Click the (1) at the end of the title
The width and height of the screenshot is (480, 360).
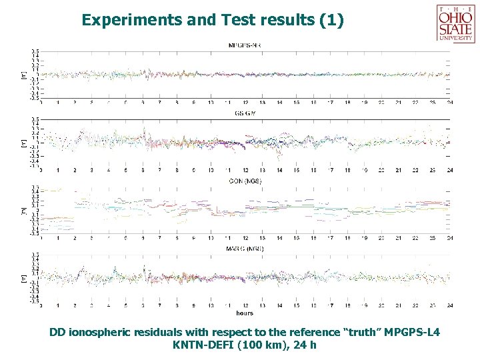[x=332, y=20]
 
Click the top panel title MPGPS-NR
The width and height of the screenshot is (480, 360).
[x=245, y=45]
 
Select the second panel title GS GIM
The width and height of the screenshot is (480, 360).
[x=245, y=114]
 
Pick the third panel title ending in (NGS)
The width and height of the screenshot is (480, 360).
[x=245, y=181]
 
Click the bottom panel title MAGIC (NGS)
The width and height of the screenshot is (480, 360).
[x=245, y=249]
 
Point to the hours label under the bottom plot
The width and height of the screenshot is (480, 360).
[x=245, y=313]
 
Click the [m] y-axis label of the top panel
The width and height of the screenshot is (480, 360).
[x=25, y=75]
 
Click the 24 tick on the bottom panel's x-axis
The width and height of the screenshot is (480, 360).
[x=450, y=306]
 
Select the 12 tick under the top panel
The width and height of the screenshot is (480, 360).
[x=245, y=103]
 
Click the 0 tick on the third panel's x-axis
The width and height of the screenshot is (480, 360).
[x=42, y=238]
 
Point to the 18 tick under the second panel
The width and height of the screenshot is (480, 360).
[x=348, y=171]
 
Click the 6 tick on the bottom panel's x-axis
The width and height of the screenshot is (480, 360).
[x=143, y=306]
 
